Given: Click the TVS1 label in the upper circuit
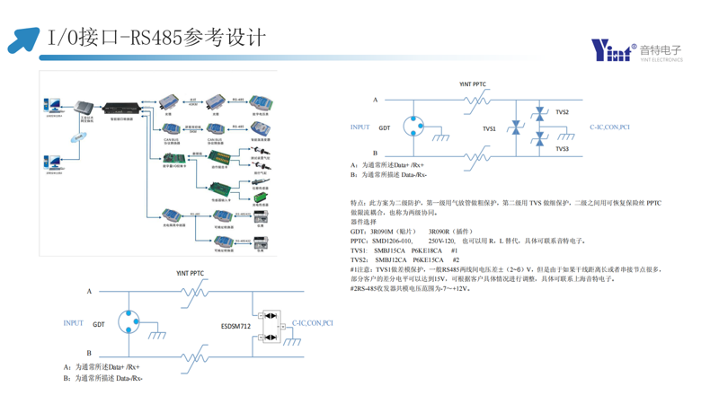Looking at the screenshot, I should tap(489, 129).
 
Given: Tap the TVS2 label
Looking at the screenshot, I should tap(562, 112).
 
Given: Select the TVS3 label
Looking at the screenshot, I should tap(562, 148).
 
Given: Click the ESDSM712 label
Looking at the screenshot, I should tap(235, 327).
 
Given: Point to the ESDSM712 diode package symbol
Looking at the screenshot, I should tap(269, 327).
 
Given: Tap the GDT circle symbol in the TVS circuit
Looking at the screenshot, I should tap(414, 127).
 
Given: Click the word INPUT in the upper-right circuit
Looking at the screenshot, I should tap(359, 127).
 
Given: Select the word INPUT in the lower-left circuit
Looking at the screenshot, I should tap(74, 323).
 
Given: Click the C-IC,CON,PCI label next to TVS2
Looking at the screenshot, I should tap(609, 127).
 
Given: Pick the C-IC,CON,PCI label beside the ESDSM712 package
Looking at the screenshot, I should tap(312, 323).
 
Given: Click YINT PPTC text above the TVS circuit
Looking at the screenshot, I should tap(472, 84).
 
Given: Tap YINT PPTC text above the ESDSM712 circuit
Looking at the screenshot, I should tap(190, 273).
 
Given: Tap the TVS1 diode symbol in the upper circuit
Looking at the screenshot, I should tap(517, 129).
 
